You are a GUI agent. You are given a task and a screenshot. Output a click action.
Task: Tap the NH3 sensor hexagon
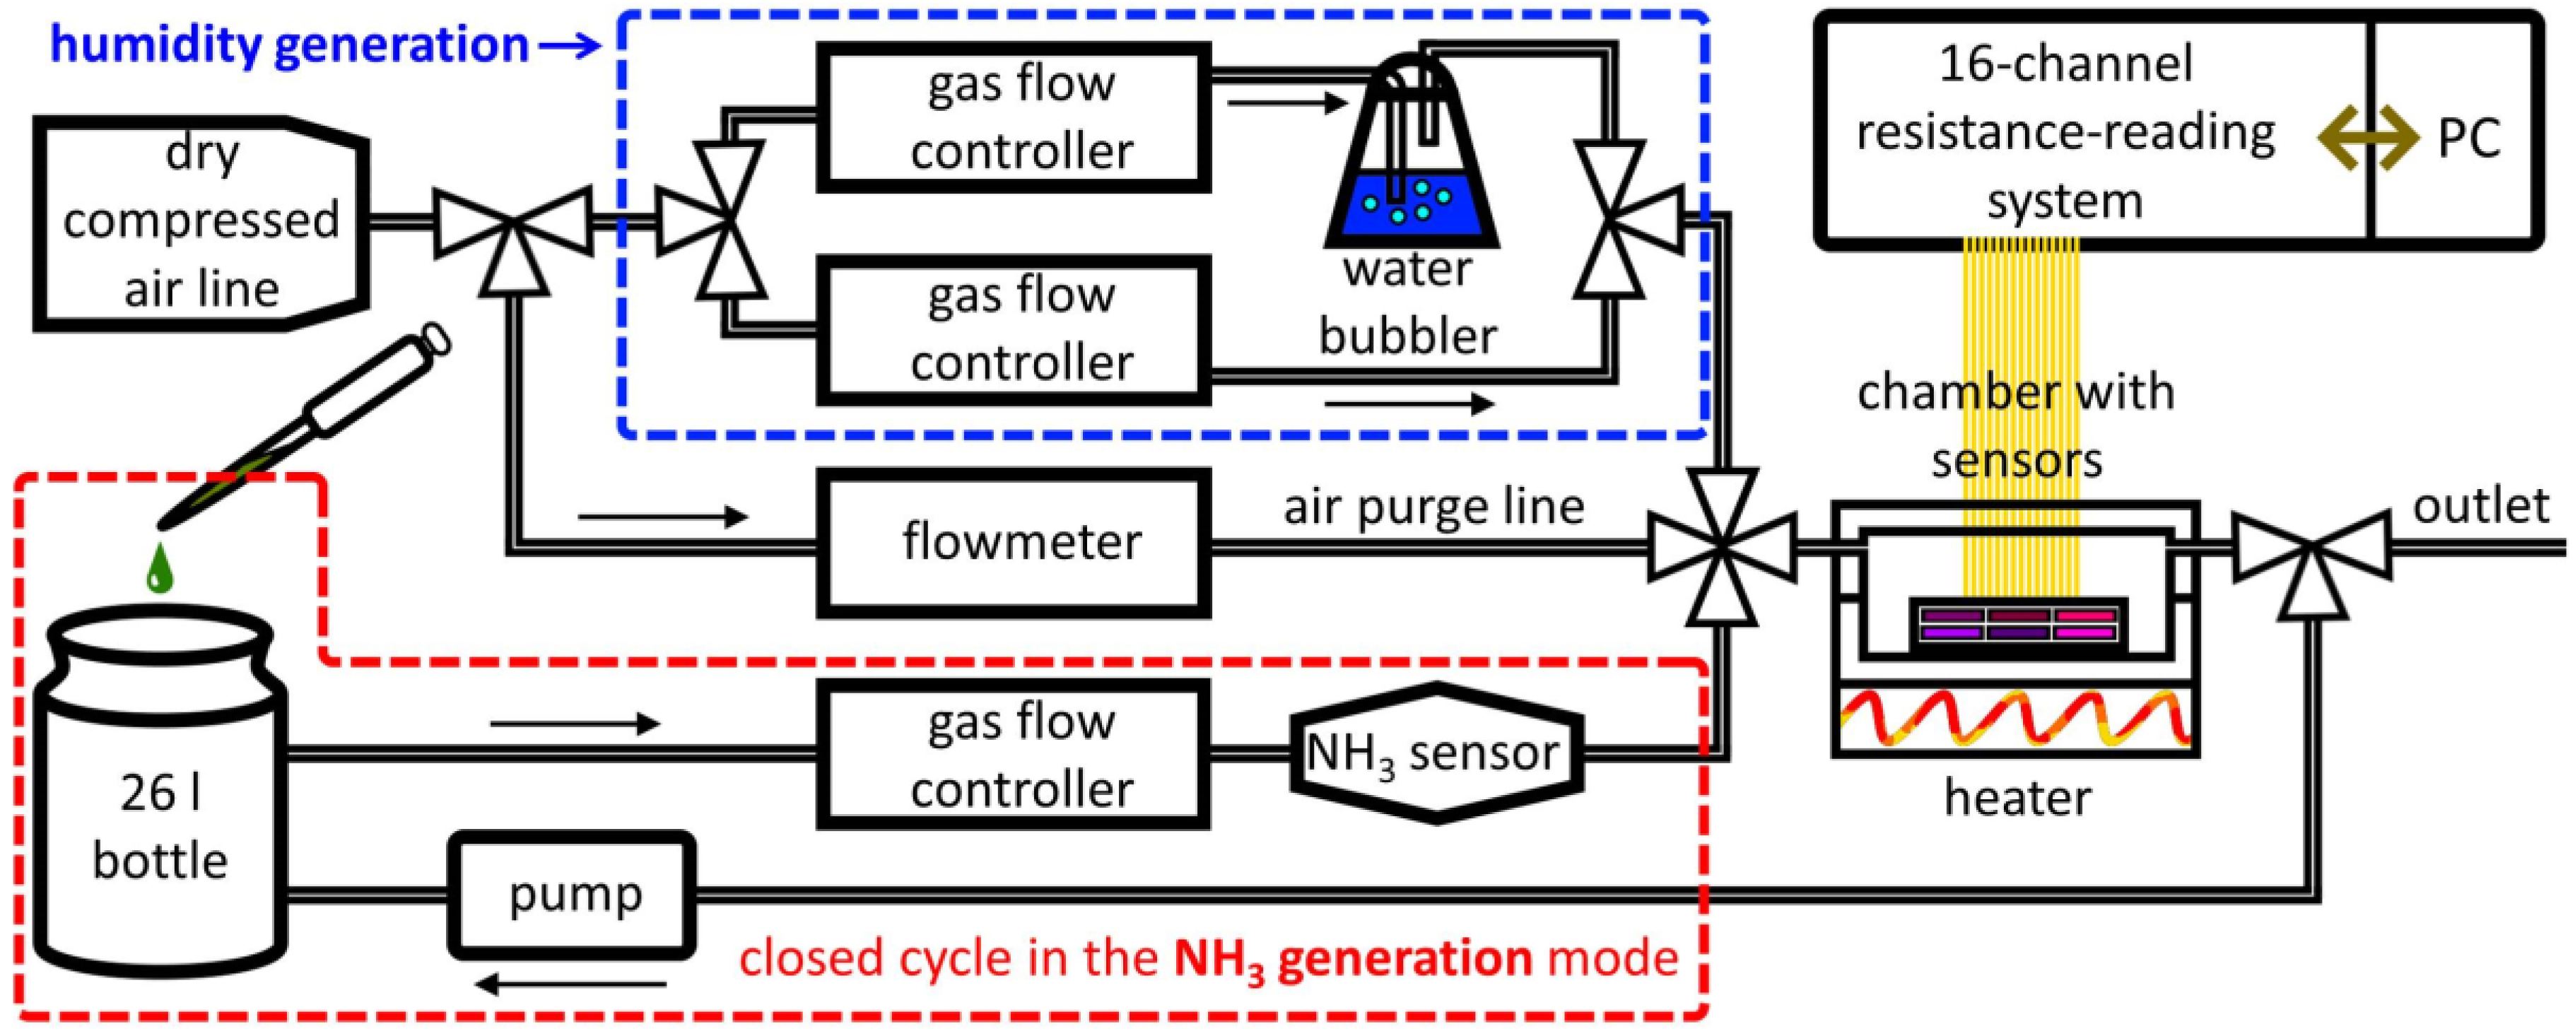click(1436, 753)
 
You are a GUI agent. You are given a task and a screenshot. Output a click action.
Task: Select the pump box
click(572, 894)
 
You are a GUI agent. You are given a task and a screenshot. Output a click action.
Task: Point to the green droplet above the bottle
click(160, 570)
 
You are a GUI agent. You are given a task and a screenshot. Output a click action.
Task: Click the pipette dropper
click(330, 420)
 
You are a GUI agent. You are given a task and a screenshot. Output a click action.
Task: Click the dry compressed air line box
click(200, 222)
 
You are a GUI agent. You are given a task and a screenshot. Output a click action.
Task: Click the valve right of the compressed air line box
click(512, 225)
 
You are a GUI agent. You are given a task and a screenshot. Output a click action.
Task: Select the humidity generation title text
click(290, 45)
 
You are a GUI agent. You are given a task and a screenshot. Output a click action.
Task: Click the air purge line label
click(1433, 507)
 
